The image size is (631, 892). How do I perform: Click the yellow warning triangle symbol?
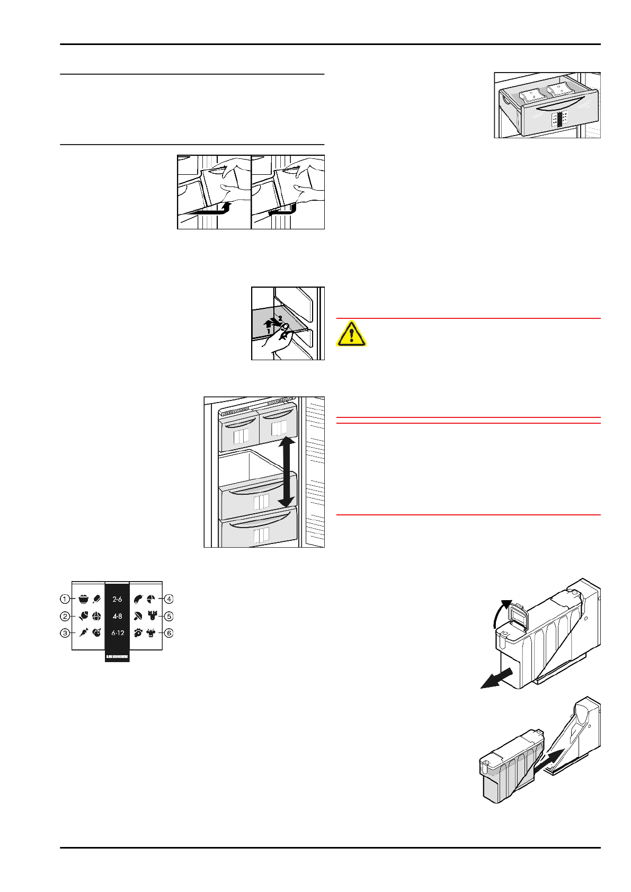click(351, 334)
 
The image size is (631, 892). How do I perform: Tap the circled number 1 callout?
click(65, 599)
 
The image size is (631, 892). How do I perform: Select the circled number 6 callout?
click(169, 633)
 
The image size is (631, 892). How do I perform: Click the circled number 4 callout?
click(169, 599)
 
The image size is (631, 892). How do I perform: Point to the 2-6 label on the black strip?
click(117, 599)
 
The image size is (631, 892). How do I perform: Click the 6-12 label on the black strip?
click(117, 633)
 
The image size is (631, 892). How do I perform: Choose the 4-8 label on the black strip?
click(117, 616)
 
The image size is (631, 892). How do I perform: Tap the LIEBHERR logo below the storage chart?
click(117, 657)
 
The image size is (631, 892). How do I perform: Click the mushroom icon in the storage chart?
click(138, 616)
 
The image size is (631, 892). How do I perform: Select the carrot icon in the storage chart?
click(83, 633)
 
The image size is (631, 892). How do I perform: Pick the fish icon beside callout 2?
click(83, 616)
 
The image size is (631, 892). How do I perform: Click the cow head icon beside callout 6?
click(151, 633)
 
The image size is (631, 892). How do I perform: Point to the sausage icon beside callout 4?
click(138, 599)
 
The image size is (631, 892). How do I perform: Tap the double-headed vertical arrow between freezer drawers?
click(286, 471)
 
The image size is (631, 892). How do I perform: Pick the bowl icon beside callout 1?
click(83, 599)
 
